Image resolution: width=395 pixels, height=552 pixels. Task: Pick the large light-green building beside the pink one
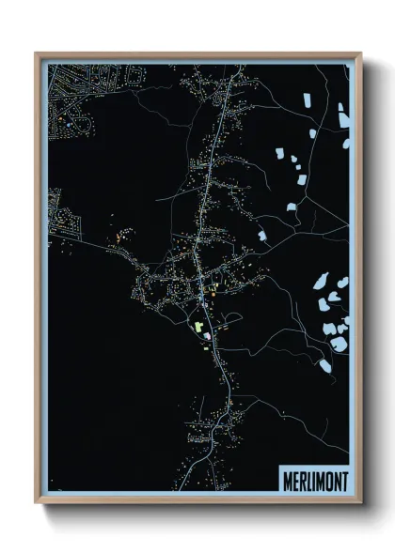pyautogui.click(x=198, y=326)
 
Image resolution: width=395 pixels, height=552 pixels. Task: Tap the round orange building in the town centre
pyautogui.click(x=213, y=298)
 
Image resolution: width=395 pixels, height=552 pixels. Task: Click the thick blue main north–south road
pyautogui.click(x=209, y=188)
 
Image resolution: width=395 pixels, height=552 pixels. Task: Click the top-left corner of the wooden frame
pyautogui.click(x=37, y=54)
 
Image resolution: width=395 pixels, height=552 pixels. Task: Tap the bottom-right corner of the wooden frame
pyautogui.click(x=360, y=502)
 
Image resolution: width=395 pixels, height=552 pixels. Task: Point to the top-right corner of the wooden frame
pyautogui.click(x=360, y=54)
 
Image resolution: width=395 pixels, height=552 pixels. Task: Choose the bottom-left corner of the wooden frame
pyautogui.click(x=37, y=502)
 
